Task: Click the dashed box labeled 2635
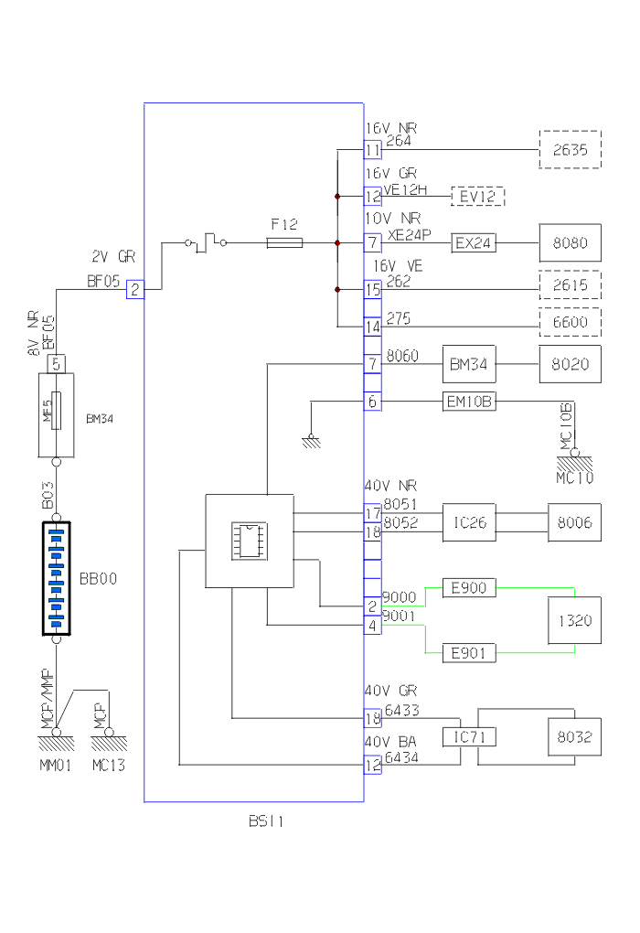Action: (x=571, y=149)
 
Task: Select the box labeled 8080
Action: (x=571, y=243)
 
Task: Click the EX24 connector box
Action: (x=475, y=243)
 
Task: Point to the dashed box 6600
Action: (x=571, y=322)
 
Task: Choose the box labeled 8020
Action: (x=571, y=365)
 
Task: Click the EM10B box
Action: (x=468, y=401)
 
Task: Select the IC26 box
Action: (x=468, y=522)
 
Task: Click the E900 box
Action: (x=468, y=587)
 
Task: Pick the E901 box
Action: (x=468, y=653)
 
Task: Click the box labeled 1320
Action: (x=574, y=620)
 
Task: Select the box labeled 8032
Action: (x=574, y=735)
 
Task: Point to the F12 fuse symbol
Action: (x=285, y=243)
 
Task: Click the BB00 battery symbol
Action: (x=56, y=578)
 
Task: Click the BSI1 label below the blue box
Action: (x=266, y=822)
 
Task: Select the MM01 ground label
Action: (x=56, y=765)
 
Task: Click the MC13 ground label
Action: (x=109, y=765)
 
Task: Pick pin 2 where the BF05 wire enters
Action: (x=134, y=290)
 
